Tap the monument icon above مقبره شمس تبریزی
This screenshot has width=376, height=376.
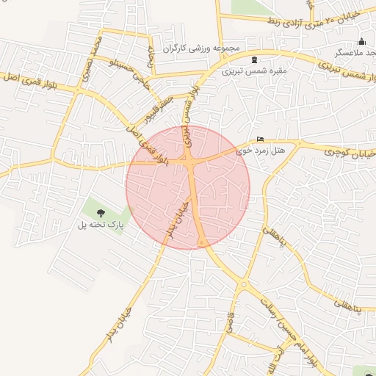(x=254, y=59)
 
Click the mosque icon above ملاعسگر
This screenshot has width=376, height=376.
(x=361, y=41)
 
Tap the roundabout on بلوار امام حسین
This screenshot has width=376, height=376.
(x=243, y=284)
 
